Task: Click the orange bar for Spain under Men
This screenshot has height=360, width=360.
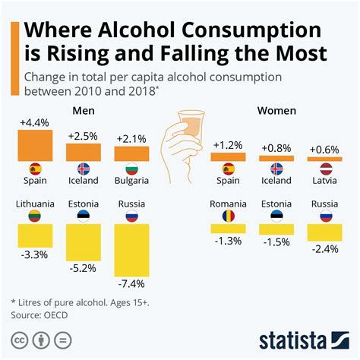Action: click(x=33, y=144)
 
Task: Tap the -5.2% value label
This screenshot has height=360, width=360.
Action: click(x=82, y=269)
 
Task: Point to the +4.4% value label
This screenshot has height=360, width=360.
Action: click(x=33, y=122)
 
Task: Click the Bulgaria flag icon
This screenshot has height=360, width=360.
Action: click(x=131, y=169)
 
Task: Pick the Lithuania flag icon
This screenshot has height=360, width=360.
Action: click(x=33, y=216)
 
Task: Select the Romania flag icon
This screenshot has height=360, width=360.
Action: click(x=228, y=216)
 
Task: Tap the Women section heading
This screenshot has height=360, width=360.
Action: click(x=276, y=111)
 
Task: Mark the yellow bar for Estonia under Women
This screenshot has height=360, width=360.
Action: click(x=276, y=228)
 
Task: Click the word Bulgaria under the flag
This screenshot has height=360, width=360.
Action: click(x=131, y=182)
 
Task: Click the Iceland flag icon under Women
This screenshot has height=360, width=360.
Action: click(x=276, y=169)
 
